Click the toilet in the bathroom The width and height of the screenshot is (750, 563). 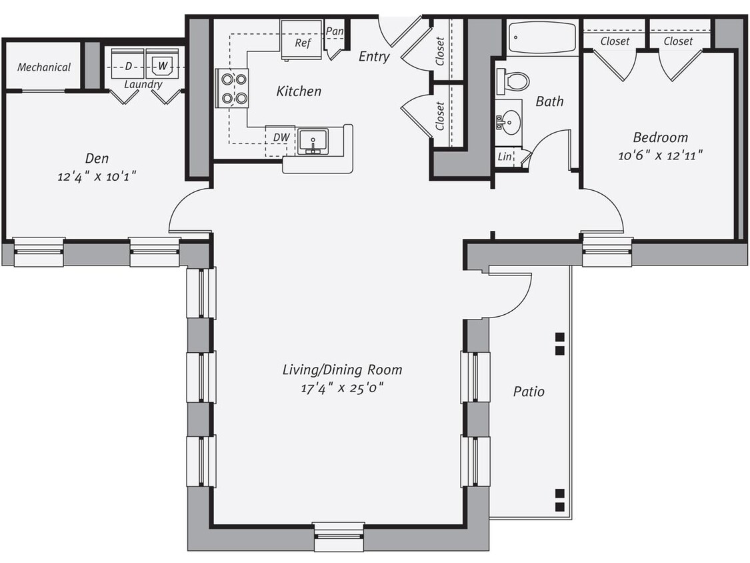pos(513,80)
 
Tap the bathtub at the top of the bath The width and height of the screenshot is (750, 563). pos(541,37)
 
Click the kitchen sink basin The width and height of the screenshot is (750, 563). pos(312,141)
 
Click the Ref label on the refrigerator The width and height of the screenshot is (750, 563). pos(303,43)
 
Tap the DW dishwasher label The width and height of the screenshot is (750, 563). pos(281,137)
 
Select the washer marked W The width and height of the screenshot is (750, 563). pos(162,65)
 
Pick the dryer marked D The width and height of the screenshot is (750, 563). pos(128,65)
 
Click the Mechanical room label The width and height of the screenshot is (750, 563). pos(44,67)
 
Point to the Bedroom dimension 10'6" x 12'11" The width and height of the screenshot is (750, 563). pos(660,155)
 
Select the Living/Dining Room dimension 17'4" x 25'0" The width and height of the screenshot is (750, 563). pos(342,388)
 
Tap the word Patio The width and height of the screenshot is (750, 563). pos(528,391)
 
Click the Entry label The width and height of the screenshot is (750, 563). pos(374,57)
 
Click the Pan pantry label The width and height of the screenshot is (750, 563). pos(335,31)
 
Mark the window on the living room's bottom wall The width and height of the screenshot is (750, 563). pos(339,536)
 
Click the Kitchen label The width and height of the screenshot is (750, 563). pos(299,91)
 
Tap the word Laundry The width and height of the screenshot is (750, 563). pos(143,85)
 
